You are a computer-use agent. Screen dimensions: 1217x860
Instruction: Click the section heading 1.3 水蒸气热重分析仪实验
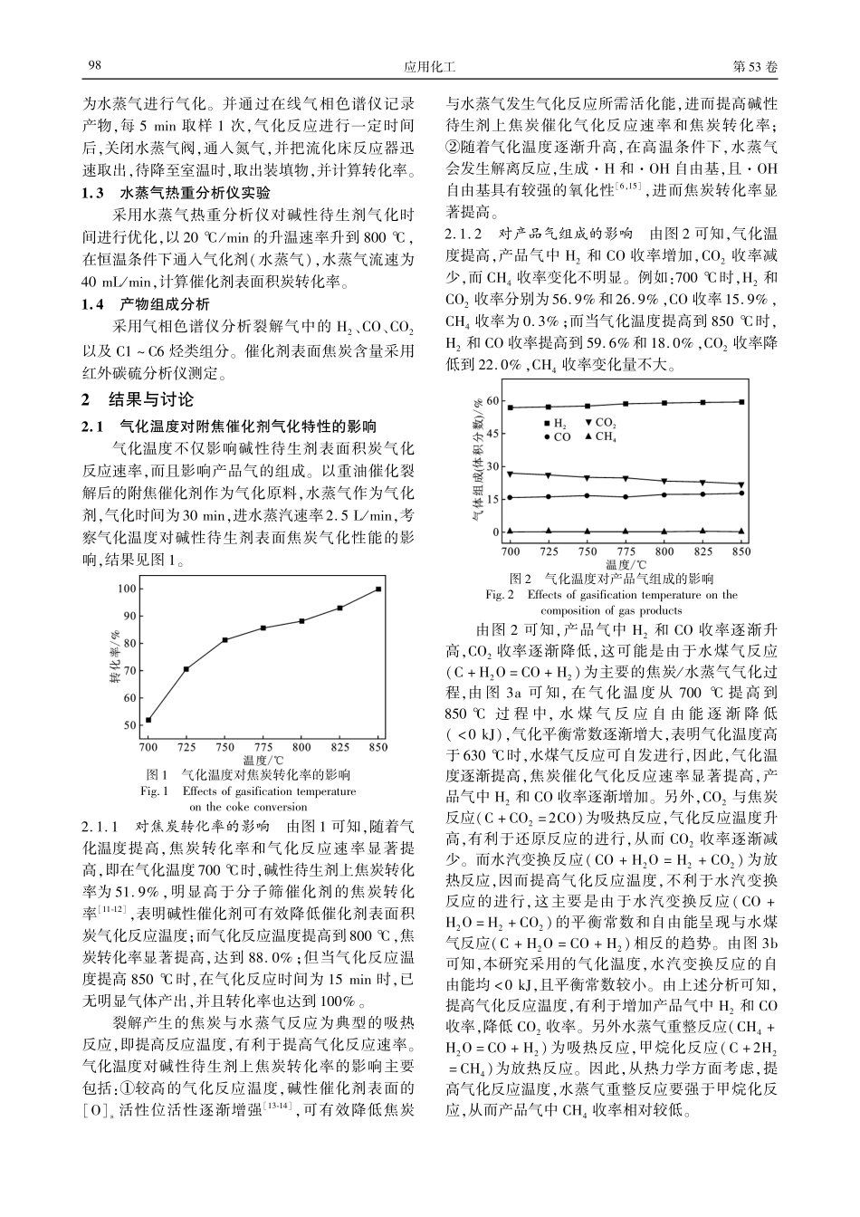pos(176,193)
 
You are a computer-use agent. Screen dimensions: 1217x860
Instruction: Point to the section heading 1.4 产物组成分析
pos(145,304)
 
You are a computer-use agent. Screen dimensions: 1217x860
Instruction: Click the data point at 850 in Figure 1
pos(378,589)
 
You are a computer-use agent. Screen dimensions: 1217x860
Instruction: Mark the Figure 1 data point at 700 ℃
pos(148,720)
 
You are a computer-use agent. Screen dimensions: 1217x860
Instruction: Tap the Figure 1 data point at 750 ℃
pos(225,640)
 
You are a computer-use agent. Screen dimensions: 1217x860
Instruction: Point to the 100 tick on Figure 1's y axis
pos(127,589)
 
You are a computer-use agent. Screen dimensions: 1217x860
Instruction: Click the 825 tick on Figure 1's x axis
pos(340,747)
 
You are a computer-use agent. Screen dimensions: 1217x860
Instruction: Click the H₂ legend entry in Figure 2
pos(554,423)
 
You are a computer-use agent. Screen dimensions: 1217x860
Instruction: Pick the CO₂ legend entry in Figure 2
pos(599,423)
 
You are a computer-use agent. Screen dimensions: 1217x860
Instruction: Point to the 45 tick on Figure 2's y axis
pos(492,434)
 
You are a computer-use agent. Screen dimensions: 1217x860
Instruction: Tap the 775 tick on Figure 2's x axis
pos(626,551)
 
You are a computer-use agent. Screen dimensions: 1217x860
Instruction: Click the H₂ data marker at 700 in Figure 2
pos(511,407)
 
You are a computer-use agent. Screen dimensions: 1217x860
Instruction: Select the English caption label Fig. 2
pos(501,595)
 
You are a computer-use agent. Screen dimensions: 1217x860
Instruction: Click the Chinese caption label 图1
pos(158,775)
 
